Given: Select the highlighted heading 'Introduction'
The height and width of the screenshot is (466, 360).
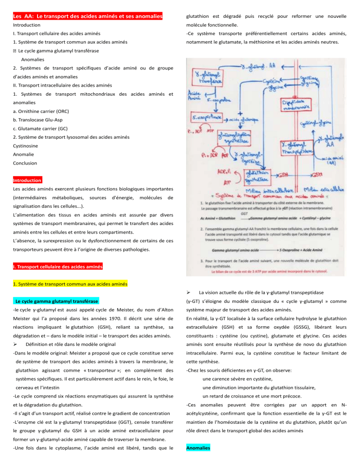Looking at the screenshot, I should (27, 180).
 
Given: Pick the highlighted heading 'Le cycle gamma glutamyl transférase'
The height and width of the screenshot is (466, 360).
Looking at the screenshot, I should (56, 301).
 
